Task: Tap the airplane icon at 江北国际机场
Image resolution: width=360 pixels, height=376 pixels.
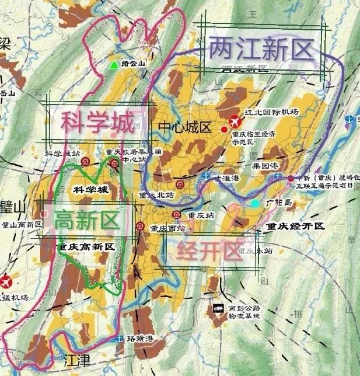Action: pyautogui.click(x=235, y=121)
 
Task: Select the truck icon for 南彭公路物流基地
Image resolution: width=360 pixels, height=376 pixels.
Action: pyautogui.click(x=217, y=309)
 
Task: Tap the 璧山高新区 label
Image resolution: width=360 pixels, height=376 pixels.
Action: pyautogui.click(x=22, y=224)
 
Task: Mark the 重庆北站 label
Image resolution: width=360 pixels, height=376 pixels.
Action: pyautogui.click(x=156, y=194)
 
